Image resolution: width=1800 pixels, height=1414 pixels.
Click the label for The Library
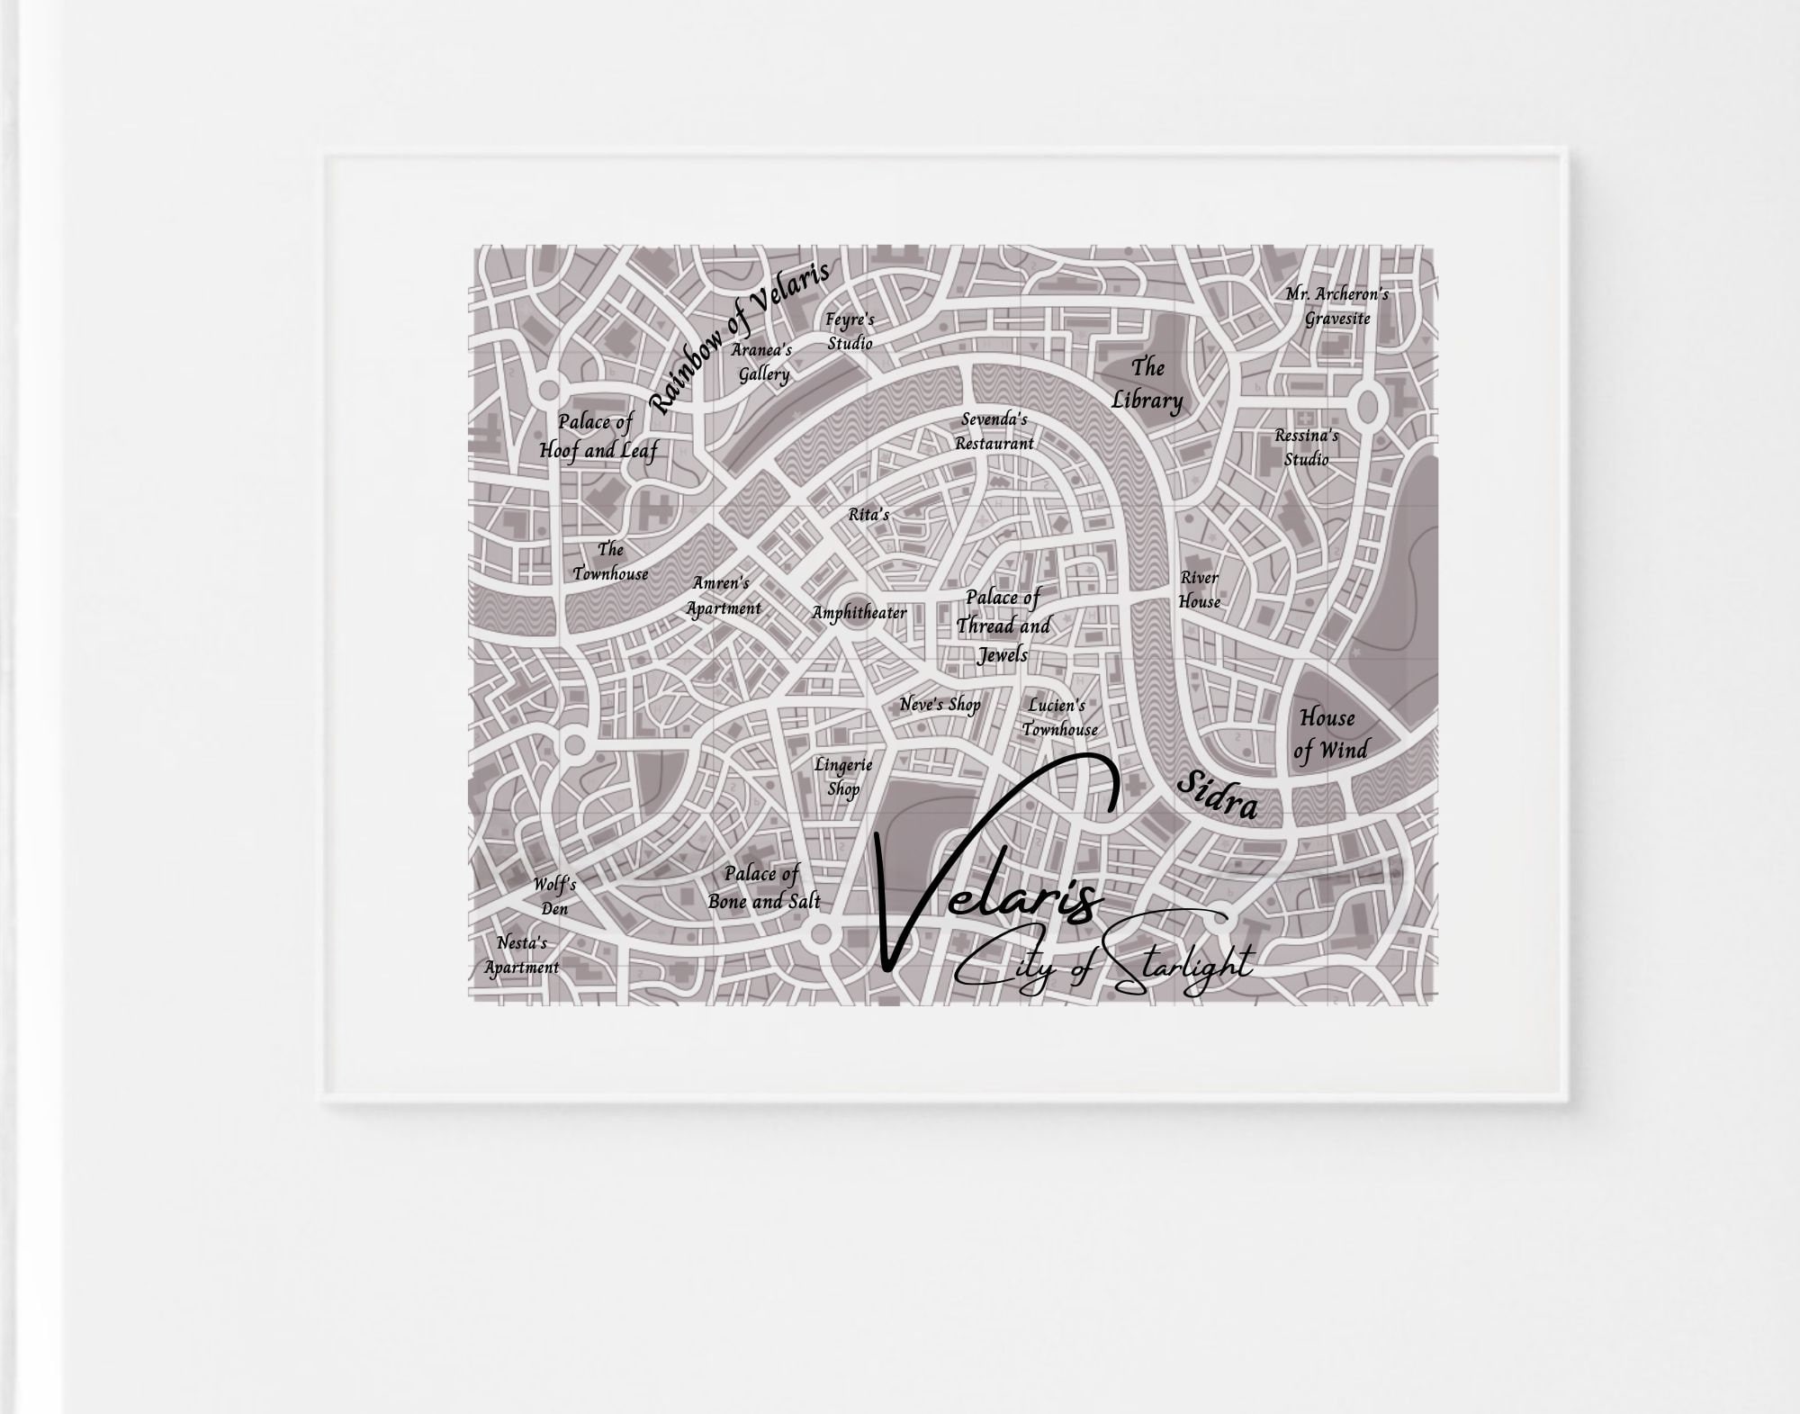(1147, 384)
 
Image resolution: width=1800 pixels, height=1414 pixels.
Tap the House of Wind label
(1329, 734)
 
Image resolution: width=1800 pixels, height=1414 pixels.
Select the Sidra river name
(1217, 796)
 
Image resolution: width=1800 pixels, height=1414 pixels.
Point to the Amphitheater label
(859, 613)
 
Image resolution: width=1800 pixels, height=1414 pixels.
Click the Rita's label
(868, 515)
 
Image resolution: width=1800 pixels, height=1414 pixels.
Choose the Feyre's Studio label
(850, 331)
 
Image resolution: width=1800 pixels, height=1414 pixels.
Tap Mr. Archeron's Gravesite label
(1336, 306)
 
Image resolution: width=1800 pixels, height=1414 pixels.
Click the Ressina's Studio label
(1306, 447)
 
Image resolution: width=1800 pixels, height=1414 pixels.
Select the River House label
(1200, 590)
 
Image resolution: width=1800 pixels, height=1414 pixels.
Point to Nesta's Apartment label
(522, 955)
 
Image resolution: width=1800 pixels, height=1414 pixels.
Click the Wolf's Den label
(554, 896)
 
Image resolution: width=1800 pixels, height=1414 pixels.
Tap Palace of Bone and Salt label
(763, 887)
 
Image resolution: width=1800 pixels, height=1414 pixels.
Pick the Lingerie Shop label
(843, 777)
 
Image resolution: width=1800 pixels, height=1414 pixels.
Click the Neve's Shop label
(940, 705)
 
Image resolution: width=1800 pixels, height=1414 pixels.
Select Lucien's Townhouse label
(1058, 717)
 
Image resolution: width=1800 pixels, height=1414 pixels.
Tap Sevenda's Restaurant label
(994, 431)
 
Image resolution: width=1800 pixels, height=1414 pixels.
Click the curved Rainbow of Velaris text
(738, 335)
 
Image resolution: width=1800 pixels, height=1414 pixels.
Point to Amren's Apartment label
(723, 596)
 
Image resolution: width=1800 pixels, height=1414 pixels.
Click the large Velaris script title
(990, 891)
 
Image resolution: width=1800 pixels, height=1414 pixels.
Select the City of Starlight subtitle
(1102, 968)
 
